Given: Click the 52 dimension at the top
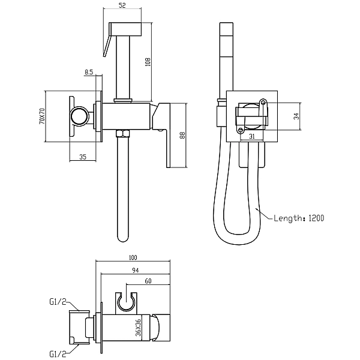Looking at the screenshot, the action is (122, 5).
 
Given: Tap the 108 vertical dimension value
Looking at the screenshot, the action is (148, 62).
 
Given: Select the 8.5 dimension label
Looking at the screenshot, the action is (89, 72).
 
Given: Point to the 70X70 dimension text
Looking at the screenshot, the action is (42, 116).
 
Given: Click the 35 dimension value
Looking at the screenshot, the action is (83, 157).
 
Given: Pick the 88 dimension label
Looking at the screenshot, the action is (182, 135).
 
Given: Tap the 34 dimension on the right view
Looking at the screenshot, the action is (297, 116).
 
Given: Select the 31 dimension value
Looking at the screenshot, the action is (252, 136).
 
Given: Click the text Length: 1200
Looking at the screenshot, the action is (299, 218).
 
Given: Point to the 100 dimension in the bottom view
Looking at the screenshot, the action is (133, 257).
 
